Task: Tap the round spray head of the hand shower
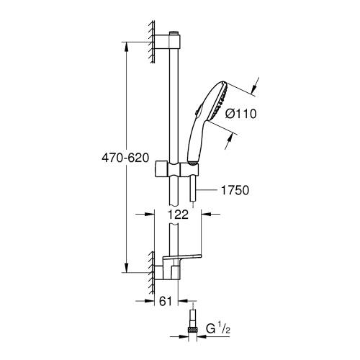[217, 106]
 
